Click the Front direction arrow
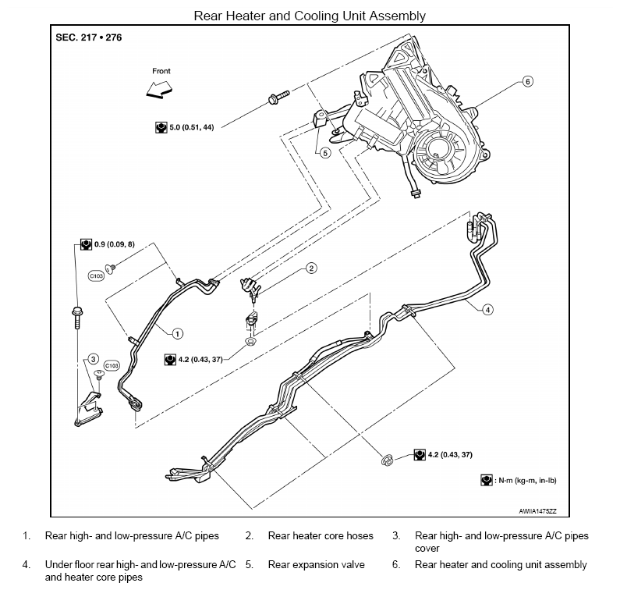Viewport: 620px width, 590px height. [x=159, y=90]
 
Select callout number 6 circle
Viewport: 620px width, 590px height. [x=527, y=81]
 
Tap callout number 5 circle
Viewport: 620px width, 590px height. [x=325, y=153]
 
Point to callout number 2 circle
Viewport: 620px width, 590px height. [x=311, y=268]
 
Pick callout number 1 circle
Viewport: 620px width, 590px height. [x=177, y=333]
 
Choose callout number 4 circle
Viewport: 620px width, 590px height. [x=487, y=310]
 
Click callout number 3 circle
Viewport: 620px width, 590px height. [x=93, y=359]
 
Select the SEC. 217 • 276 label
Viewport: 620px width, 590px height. [x=89, y=37]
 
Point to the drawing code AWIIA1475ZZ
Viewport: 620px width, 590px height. [x=537, y=511]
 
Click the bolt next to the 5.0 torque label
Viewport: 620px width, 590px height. [x=278, y=97]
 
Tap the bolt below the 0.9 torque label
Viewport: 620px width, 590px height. [x=77, y=318]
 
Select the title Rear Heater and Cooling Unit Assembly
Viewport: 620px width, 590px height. [x=310, y=16]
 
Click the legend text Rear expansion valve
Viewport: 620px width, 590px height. [x=317, y=565]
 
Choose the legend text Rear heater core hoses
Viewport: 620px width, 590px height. [x=321, y=536]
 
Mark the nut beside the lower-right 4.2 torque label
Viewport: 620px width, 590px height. [x=387, y=460]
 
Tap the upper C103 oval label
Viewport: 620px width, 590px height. [x=96, y=275]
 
